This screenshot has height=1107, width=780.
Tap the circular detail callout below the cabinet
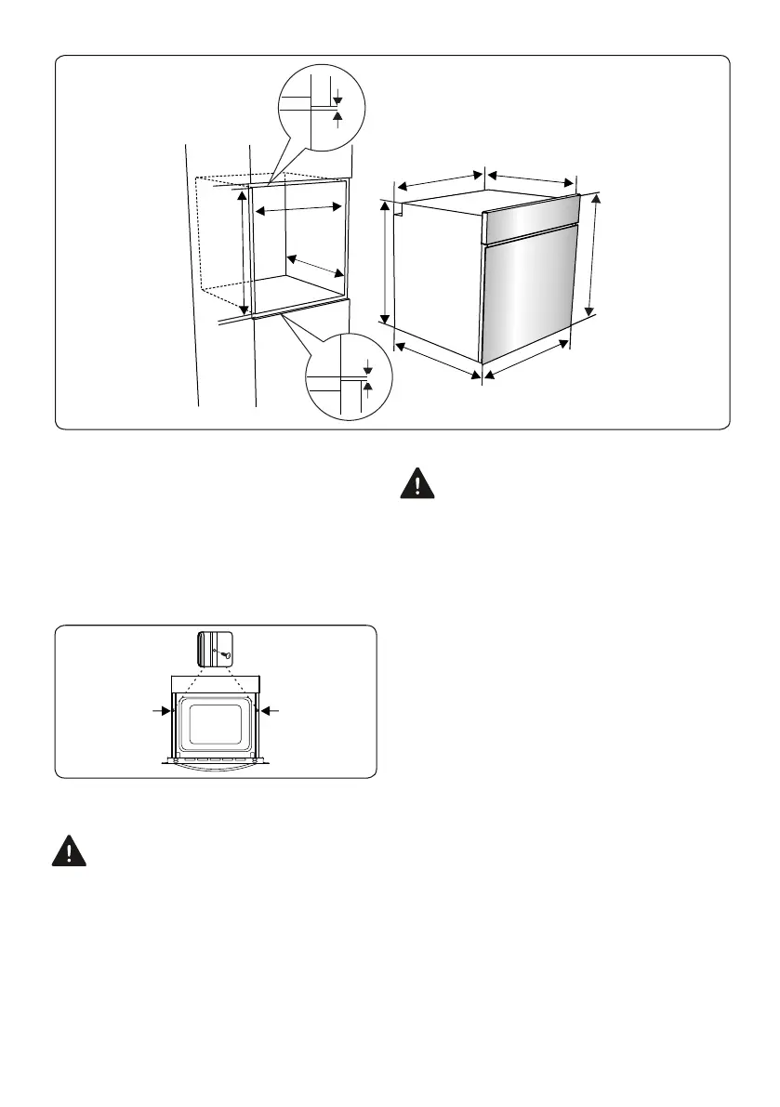click(x=349, y=377)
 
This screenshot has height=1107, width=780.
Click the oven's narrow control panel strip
click(x=532, y=221)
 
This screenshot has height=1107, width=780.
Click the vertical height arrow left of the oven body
click(x=386, y=264)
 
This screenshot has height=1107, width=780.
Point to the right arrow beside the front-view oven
click(x=271, y=711)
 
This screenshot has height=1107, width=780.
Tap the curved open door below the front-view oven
click(x=216, y=764)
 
